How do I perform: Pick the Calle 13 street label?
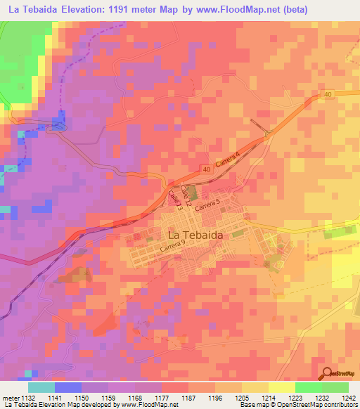(174, 201)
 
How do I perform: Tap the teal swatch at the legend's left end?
(41, 387)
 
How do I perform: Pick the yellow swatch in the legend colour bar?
(281, 387)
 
